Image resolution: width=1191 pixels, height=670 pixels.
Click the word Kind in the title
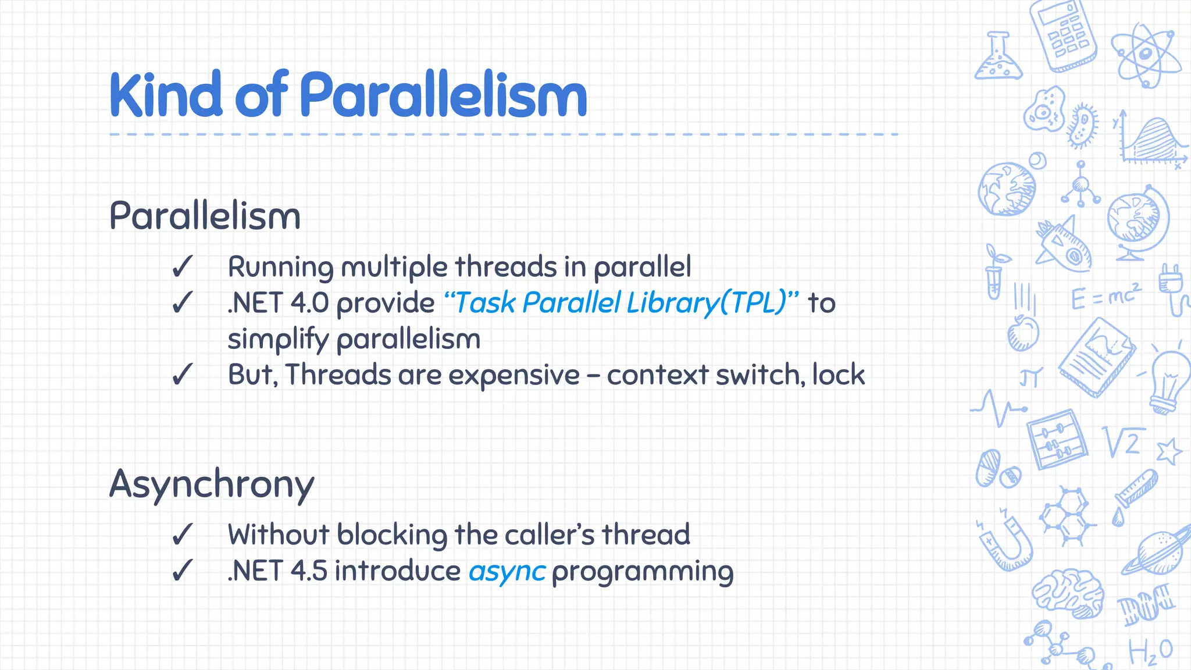point(166,94)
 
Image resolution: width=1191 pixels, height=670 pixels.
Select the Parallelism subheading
point(205,216)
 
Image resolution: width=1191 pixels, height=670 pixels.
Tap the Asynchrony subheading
point(212,484)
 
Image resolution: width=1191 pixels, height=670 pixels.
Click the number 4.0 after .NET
point(309,303)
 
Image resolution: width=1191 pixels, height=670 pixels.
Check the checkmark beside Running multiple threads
point(182,267)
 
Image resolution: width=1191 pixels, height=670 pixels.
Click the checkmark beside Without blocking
point(182,534)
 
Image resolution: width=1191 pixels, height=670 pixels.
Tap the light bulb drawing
point(1169,381)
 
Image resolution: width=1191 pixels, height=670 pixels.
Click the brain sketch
point(1068,593)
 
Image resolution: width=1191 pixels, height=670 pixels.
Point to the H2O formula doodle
point(1150,652)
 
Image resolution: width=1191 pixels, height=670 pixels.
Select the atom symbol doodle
point(1145,55)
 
